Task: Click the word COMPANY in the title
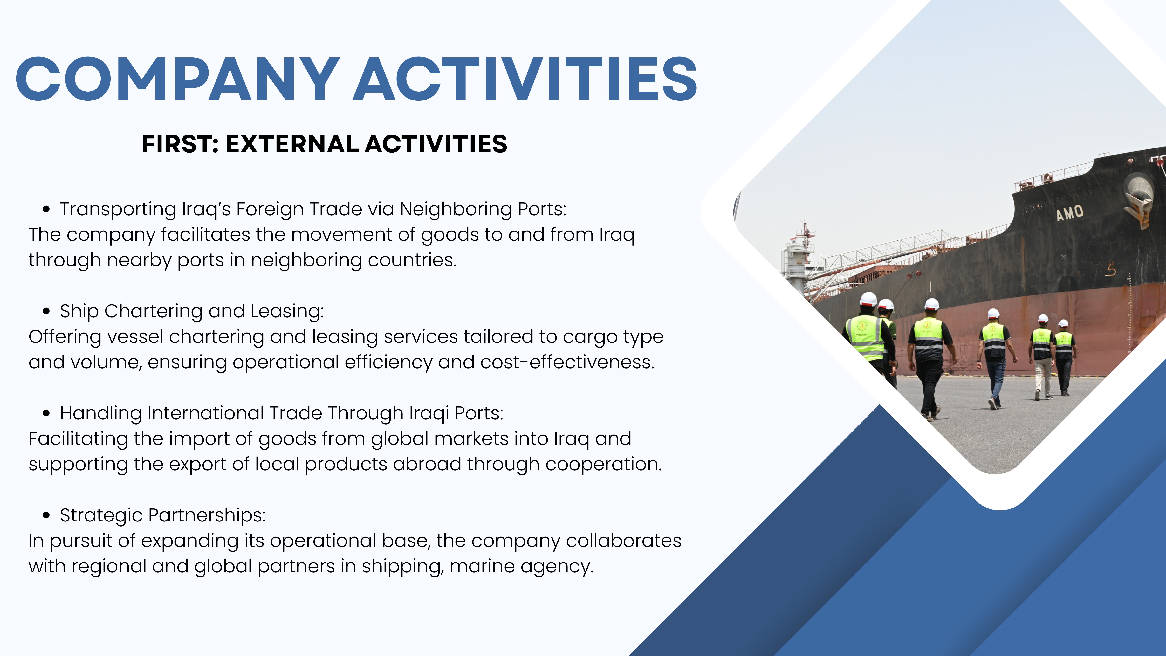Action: pyautogui.click(x=178, y=79)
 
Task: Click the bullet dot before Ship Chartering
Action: pyautogui.click(x=46, y=311)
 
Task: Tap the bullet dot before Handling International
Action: pyautogui.click(x=46, y=413)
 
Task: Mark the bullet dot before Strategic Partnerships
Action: pyautogui.click(x=46, y=515)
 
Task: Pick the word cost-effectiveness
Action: pyautogui.click(x=568, y=362)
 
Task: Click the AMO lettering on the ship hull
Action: pyautogui.click(x=1070, y=213)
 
